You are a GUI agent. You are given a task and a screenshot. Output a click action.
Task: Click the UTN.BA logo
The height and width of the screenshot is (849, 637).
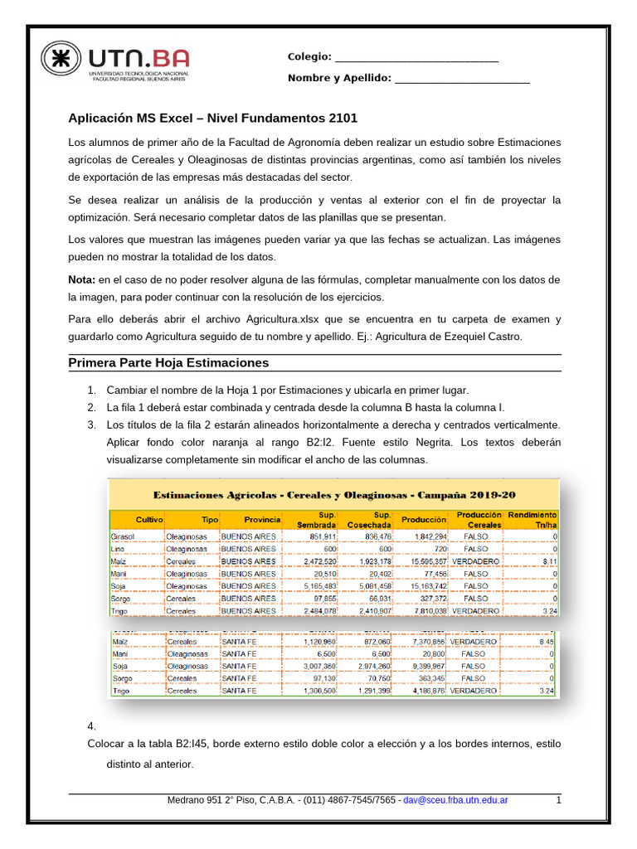pos(115,63)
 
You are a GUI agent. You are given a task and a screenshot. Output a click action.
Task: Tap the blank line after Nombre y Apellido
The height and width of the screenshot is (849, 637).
pos(462,79)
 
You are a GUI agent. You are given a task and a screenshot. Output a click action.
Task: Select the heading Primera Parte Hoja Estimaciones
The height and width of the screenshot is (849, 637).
pos(168,363)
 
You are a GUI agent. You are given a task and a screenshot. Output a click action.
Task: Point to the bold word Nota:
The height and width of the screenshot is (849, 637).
pos(81,279)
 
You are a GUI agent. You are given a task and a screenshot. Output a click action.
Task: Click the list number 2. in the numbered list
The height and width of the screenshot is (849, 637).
pos(92,407)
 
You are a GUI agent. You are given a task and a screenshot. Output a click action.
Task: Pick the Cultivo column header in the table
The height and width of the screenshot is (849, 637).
pos(149,519)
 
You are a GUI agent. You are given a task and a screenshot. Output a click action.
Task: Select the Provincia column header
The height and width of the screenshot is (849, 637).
pos(261,519)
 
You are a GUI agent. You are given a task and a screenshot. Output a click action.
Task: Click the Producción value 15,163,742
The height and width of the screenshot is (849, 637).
pos(424,586)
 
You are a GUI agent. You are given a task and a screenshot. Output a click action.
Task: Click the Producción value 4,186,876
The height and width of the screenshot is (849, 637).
pos(424,691)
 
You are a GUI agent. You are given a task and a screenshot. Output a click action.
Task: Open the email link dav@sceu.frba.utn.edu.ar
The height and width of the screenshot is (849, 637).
pos(455,800)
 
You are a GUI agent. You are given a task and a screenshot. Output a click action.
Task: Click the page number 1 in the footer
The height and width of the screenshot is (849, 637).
pos(559,800)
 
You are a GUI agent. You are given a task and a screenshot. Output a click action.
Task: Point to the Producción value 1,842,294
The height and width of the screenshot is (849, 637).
pos(424,536)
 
